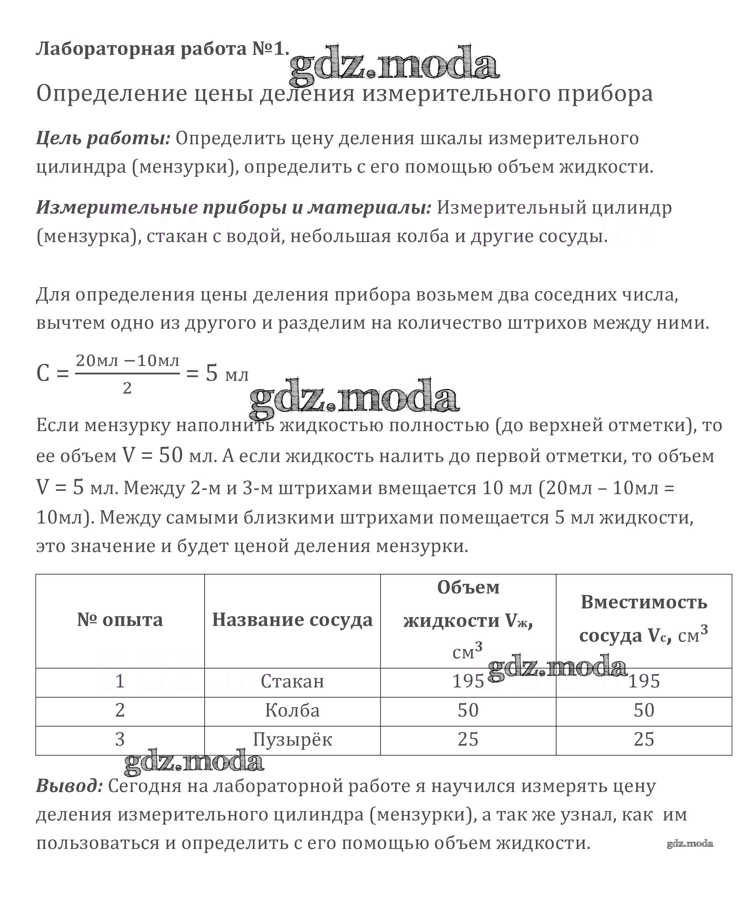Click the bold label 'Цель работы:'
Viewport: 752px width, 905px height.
103,138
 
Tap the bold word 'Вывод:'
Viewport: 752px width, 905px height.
69,786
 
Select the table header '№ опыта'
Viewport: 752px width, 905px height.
120,620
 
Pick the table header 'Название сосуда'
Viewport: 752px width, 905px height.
292,620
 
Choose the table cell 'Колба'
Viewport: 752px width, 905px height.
292,710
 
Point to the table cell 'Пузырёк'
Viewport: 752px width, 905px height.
292,740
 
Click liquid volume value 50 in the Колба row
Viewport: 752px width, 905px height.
468,710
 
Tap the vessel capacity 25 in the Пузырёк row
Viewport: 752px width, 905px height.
644,740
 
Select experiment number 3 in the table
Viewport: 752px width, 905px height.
120,740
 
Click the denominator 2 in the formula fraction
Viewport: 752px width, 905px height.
127,388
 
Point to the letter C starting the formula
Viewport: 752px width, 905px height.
43,373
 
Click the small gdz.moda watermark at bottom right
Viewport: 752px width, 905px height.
690,843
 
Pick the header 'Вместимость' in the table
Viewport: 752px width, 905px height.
644,602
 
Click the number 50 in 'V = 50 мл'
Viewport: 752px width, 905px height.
171,455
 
